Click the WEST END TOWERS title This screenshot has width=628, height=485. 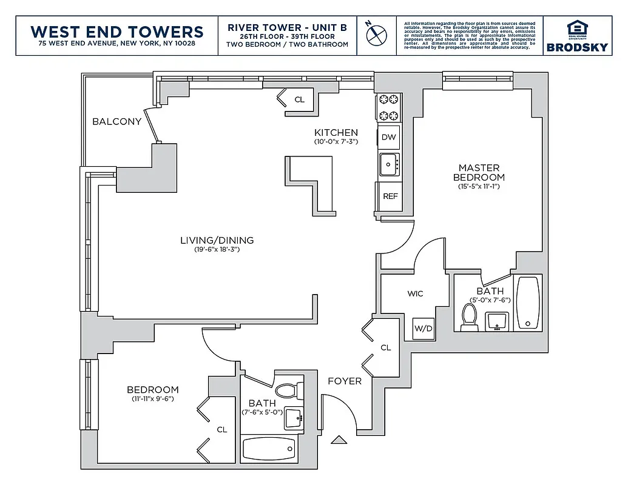pos(116,31)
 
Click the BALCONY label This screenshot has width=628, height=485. pos(116,121)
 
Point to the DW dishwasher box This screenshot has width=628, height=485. pos(388,137)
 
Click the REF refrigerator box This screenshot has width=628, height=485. pos(390,196)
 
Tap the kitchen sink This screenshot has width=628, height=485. pos(388,164)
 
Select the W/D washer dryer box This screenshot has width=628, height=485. pos(423,329)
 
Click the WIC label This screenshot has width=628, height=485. pos(415,293)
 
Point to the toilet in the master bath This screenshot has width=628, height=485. pos(469,316)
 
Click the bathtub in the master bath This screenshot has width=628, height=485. pos(527,303)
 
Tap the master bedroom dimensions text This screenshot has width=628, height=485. pos(479,187)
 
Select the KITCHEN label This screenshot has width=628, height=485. pos(336,133)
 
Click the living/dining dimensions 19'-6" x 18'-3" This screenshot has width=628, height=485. pos(217,250)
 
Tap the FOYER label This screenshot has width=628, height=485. pos(344,381)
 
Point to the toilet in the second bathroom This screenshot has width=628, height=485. pos(289,390)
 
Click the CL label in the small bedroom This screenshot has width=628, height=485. pos(221,429)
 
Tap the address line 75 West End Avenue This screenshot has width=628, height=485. pos(116,44)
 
